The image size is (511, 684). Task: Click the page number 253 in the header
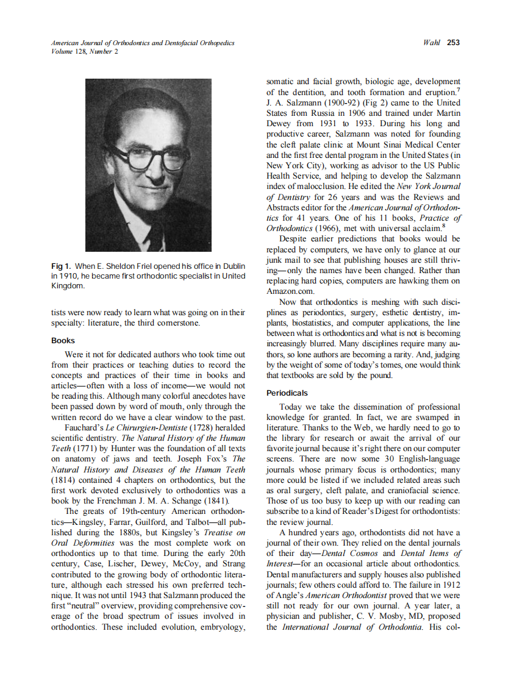pyautogui.click(x=452, y=43)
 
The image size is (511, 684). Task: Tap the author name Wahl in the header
pyautogui.click(x=432, y=43)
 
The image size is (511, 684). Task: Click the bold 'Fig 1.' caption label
pyautogui.click(x=63, y=266)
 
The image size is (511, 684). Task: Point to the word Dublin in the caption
pyautogui.click(x=232, y=266)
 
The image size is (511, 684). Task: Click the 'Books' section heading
pyautogui.click(x=63, y=341)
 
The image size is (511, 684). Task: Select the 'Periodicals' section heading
pyautogui.click(x=287, y=393)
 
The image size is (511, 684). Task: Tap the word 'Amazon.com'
pyautogui.click(x=289, y=291)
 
